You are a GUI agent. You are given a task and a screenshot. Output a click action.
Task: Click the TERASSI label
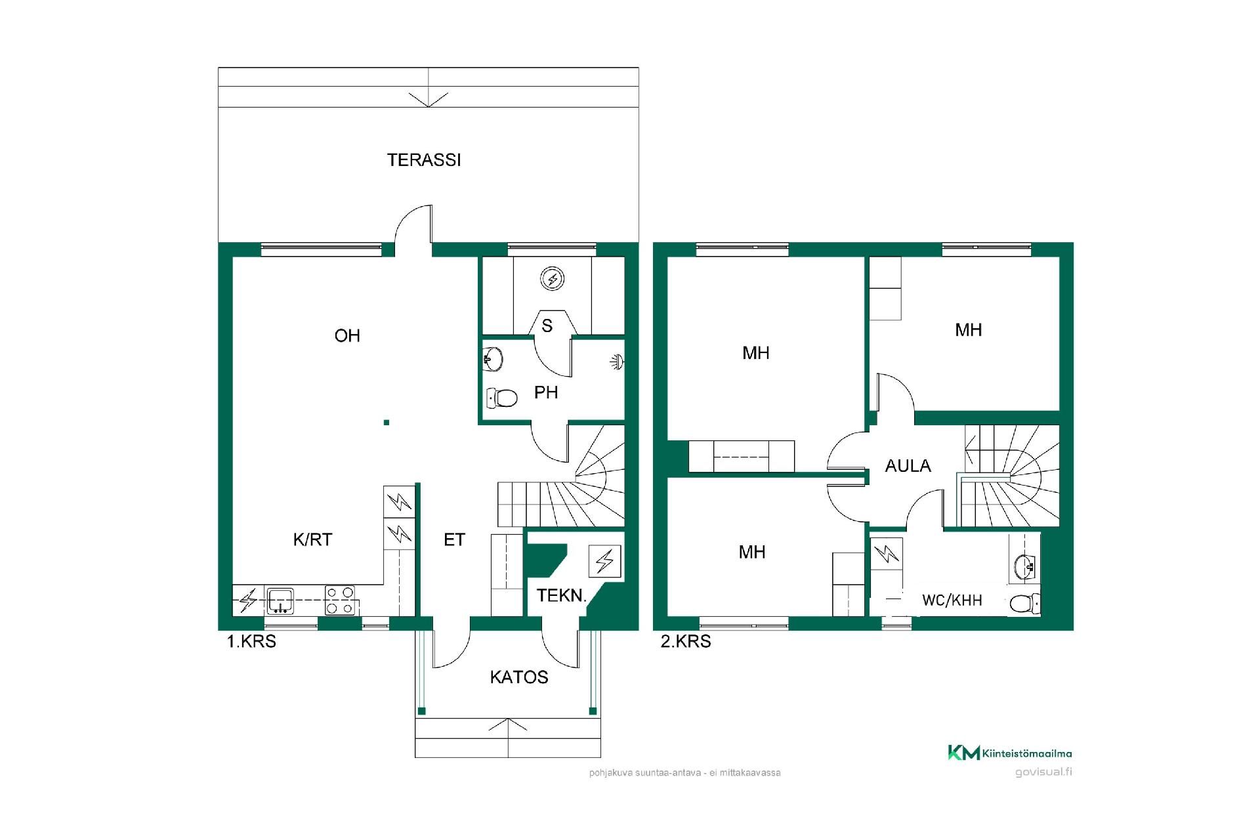[424, 160]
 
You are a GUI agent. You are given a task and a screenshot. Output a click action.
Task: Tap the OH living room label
[347, 336]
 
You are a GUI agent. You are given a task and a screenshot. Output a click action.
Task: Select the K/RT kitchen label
[312, 539]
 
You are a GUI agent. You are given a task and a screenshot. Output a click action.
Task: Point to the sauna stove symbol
[553, 279]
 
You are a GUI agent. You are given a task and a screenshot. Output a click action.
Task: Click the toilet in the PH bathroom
[502, 397]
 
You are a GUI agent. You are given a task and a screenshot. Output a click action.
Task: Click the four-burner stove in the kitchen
[340, 600]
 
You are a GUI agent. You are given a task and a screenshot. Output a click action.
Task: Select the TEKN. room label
[561, 596]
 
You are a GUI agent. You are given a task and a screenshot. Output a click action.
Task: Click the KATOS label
[519, 677]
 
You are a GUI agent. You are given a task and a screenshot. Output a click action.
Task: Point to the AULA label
[908, 466]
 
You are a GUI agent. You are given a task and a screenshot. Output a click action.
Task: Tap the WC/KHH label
[952, 600]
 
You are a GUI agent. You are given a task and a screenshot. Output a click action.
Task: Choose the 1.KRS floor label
[251, 642]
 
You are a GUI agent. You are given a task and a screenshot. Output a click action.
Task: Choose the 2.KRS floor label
[686, 642]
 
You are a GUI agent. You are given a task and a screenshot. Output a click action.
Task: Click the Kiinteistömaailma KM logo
[1010, 753]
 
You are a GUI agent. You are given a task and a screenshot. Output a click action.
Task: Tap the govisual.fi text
[1043, 772]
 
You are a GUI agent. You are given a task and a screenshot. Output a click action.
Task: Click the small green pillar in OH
[387, 423]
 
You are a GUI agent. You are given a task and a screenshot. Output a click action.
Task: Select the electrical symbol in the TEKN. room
[605, 561]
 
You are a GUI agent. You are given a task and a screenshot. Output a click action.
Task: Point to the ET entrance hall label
[454, 540]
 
